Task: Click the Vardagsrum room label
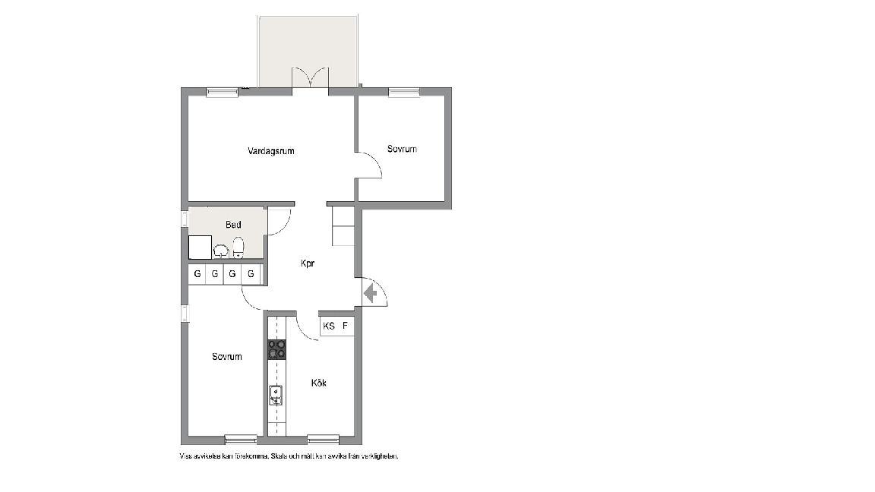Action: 271,151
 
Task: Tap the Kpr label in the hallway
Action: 308,263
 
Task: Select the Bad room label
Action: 233,225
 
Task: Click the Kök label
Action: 319,383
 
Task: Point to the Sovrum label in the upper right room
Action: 402,149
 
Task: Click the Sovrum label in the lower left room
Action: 226,356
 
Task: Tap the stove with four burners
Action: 276,350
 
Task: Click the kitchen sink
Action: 276,396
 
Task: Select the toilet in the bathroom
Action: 238,248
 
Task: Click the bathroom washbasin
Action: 221,251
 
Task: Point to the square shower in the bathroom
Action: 200,247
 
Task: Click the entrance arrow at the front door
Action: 371,293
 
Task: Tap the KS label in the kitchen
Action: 329,326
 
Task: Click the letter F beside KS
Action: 345,326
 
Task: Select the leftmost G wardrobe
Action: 197,274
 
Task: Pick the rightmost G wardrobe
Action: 251,274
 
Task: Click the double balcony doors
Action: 310,77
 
